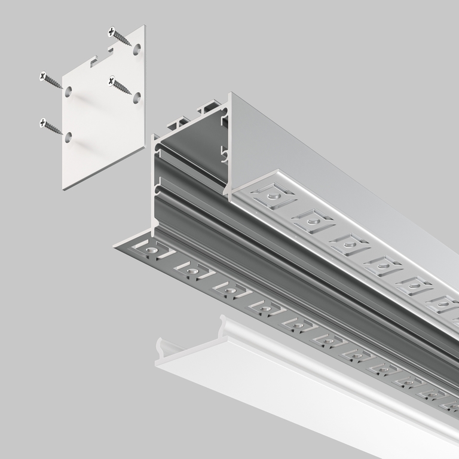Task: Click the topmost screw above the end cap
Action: tap(120, 36)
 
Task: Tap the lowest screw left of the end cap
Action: tap(51, 127)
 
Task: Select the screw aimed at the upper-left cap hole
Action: tap(51, 80)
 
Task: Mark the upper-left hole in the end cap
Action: tap(69, 91)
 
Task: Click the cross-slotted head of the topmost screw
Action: tap(112, 32)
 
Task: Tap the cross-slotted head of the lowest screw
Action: tap(43, 123)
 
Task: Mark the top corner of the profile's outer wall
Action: tap(231, 94)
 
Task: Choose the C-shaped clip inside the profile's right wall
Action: tap(225, 154)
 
